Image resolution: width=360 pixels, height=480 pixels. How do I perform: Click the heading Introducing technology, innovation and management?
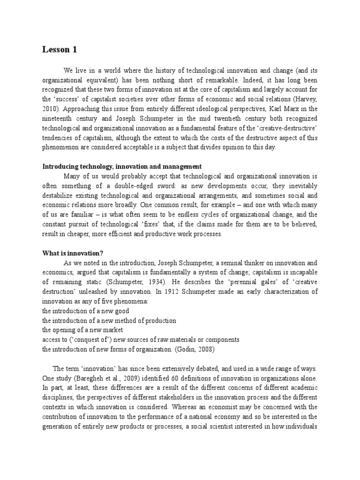click(x=122, y=166)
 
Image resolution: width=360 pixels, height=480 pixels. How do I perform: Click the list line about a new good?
click(x=85, y=311)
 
